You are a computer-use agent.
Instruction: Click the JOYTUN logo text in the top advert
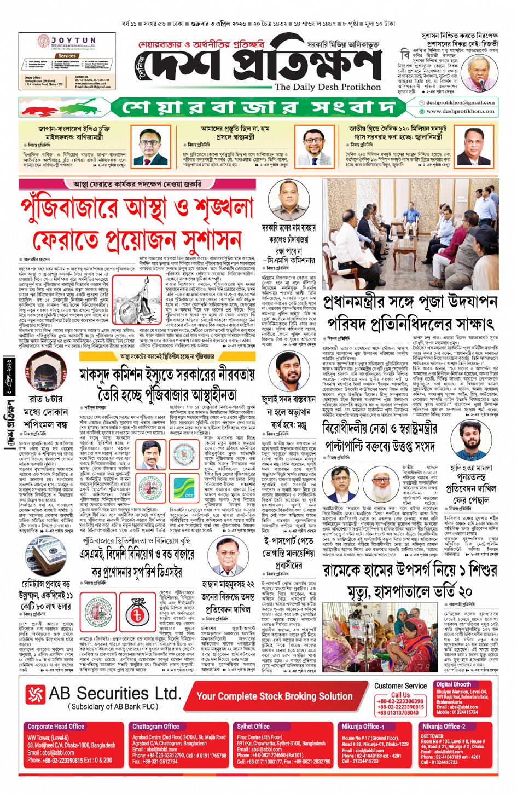73,41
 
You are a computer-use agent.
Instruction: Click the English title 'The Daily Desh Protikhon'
327,87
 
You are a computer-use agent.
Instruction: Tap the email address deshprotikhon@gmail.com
460,102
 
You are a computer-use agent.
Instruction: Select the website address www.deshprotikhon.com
460,111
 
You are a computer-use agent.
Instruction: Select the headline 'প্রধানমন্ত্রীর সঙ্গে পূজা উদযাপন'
410,302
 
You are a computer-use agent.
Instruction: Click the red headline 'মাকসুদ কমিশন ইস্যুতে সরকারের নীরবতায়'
167,375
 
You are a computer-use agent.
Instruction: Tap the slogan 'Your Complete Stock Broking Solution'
274,696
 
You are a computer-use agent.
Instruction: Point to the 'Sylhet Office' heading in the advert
253,726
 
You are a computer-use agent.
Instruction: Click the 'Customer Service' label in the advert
400,685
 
